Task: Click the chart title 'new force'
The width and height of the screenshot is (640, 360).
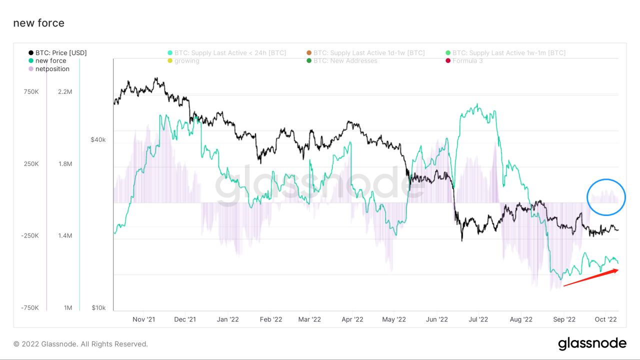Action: pos(38,23)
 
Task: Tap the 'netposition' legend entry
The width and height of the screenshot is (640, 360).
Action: pos(52,69)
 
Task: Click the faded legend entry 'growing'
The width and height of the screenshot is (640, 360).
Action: pos(186,61)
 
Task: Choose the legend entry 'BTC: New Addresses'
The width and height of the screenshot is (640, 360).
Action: pos(345,61)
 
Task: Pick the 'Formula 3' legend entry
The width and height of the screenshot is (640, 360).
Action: pos(467,61)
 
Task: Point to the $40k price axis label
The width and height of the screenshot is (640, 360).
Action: pos(98,139)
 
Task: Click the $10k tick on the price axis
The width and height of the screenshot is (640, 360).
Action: pos(98,307)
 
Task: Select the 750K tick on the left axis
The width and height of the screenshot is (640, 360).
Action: pos(31,92)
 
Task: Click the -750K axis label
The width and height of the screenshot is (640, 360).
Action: pos(30,307)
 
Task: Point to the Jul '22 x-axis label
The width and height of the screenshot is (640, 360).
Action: pos(479,319)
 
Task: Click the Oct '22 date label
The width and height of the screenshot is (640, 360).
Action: pos(605,319)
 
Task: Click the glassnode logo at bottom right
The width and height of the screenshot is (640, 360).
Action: pos(592,343)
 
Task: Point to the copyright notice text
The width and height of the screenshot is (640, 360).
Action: pos(80,344)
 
